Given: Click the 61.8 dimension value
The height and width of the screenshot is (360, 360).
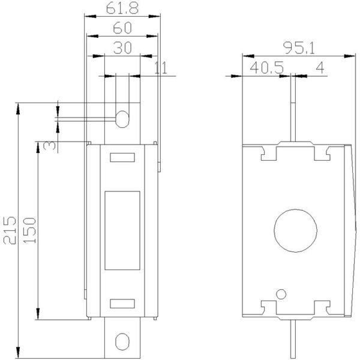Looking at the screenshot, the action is (x=122, y=8).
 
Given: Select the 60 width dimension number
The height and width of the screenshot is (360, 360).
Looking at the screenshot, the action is (x=122, y=28).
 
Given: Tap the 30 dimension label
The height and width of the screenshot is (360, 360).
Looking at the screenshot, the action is (x=122, y=48).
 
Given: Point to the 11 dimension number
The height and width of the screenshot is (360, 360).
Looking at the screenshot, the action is (x=161, y=68).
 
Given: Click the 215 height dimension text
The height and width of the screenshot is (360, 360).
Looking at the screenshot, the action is (x=10, y=230).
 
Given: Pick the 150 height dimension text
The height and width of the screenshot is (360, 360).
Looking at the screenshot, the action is (x=30, y=230).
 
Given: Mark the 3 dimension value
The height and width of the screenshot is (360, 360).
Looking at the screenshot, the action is (x=49, y=145).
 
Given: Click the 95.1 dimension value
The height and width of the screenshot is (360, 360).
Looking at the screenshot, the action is (x=299, y=48).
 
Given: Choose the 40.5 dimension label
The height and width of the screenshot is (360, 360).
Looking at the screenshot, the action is (x=267, y=67).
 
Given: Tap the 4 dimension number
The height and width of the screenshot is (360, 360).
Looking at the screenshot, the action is (x=320, y=67).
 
